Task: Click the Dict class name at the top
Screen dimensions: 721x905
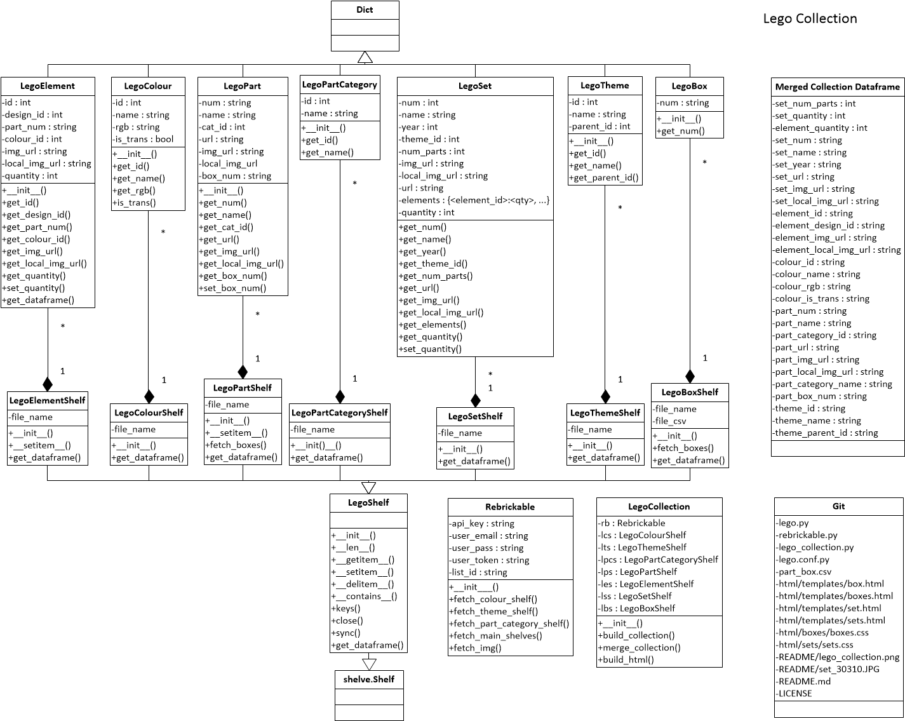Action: (x=365, y=10)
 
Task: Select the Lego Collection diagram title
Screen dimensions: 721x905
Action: (x=810, y=18)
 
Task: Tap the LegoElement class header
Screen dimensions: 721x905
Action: (x=48, y=86)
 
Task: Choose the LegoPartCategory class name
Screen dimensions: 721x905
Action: (x=340, y=84)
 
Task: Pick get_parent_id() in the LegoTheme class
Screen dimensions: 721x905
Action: (x=605, y=177)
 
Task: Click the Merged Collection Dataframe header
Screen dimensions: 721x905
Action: (x=837, y=87)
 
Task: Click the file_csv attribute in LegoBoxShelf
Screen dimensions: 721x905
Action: (x=670, y=421)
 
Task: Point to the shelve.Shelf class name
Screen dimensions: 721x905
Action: (x=369, y=679)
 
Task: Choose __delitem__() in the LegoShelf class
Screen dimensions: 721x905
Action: (x=363, y=584)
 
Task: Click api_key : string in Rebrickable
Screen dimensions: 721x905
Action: (x=482, y=523)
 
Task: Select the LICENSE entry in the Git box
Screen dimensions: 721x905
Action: (x=794, y=693)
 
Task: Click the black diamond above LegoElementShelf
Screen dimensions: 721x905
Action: (x=47, y=384)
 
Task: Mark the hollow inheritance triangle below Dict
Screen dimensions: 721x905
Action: (x=365, y=58)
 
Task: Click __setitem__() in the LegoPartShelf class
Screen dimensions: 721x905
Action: (x=236, y=433)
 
